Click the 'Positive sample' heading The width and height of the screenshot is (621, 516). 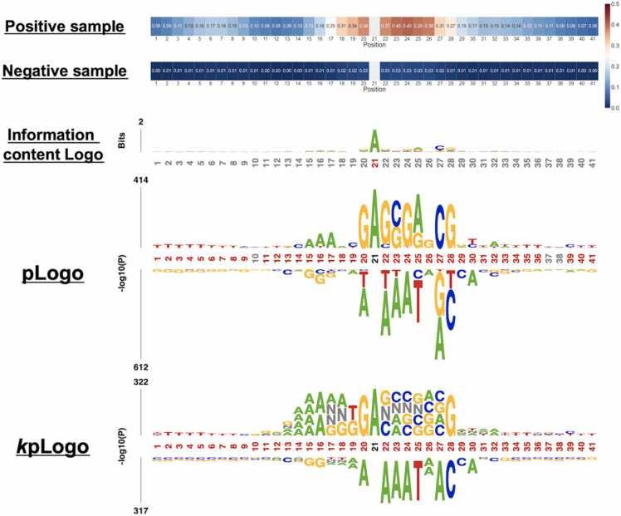(64, 27)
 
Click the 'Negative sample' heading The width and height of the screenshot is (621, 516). (65, 71)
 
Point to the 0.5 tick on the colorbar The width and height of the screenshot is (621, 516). (615, 6)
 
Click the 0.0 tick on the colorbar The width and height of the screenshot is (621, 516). (615, 106)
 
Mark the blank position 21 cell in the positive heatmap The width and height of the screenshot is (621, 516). (374, 26)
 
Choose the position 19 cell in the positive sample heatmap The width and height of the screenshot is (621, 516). (353, 26)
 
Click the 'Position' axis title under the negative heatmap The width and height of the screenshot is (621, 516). (374, 89)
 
